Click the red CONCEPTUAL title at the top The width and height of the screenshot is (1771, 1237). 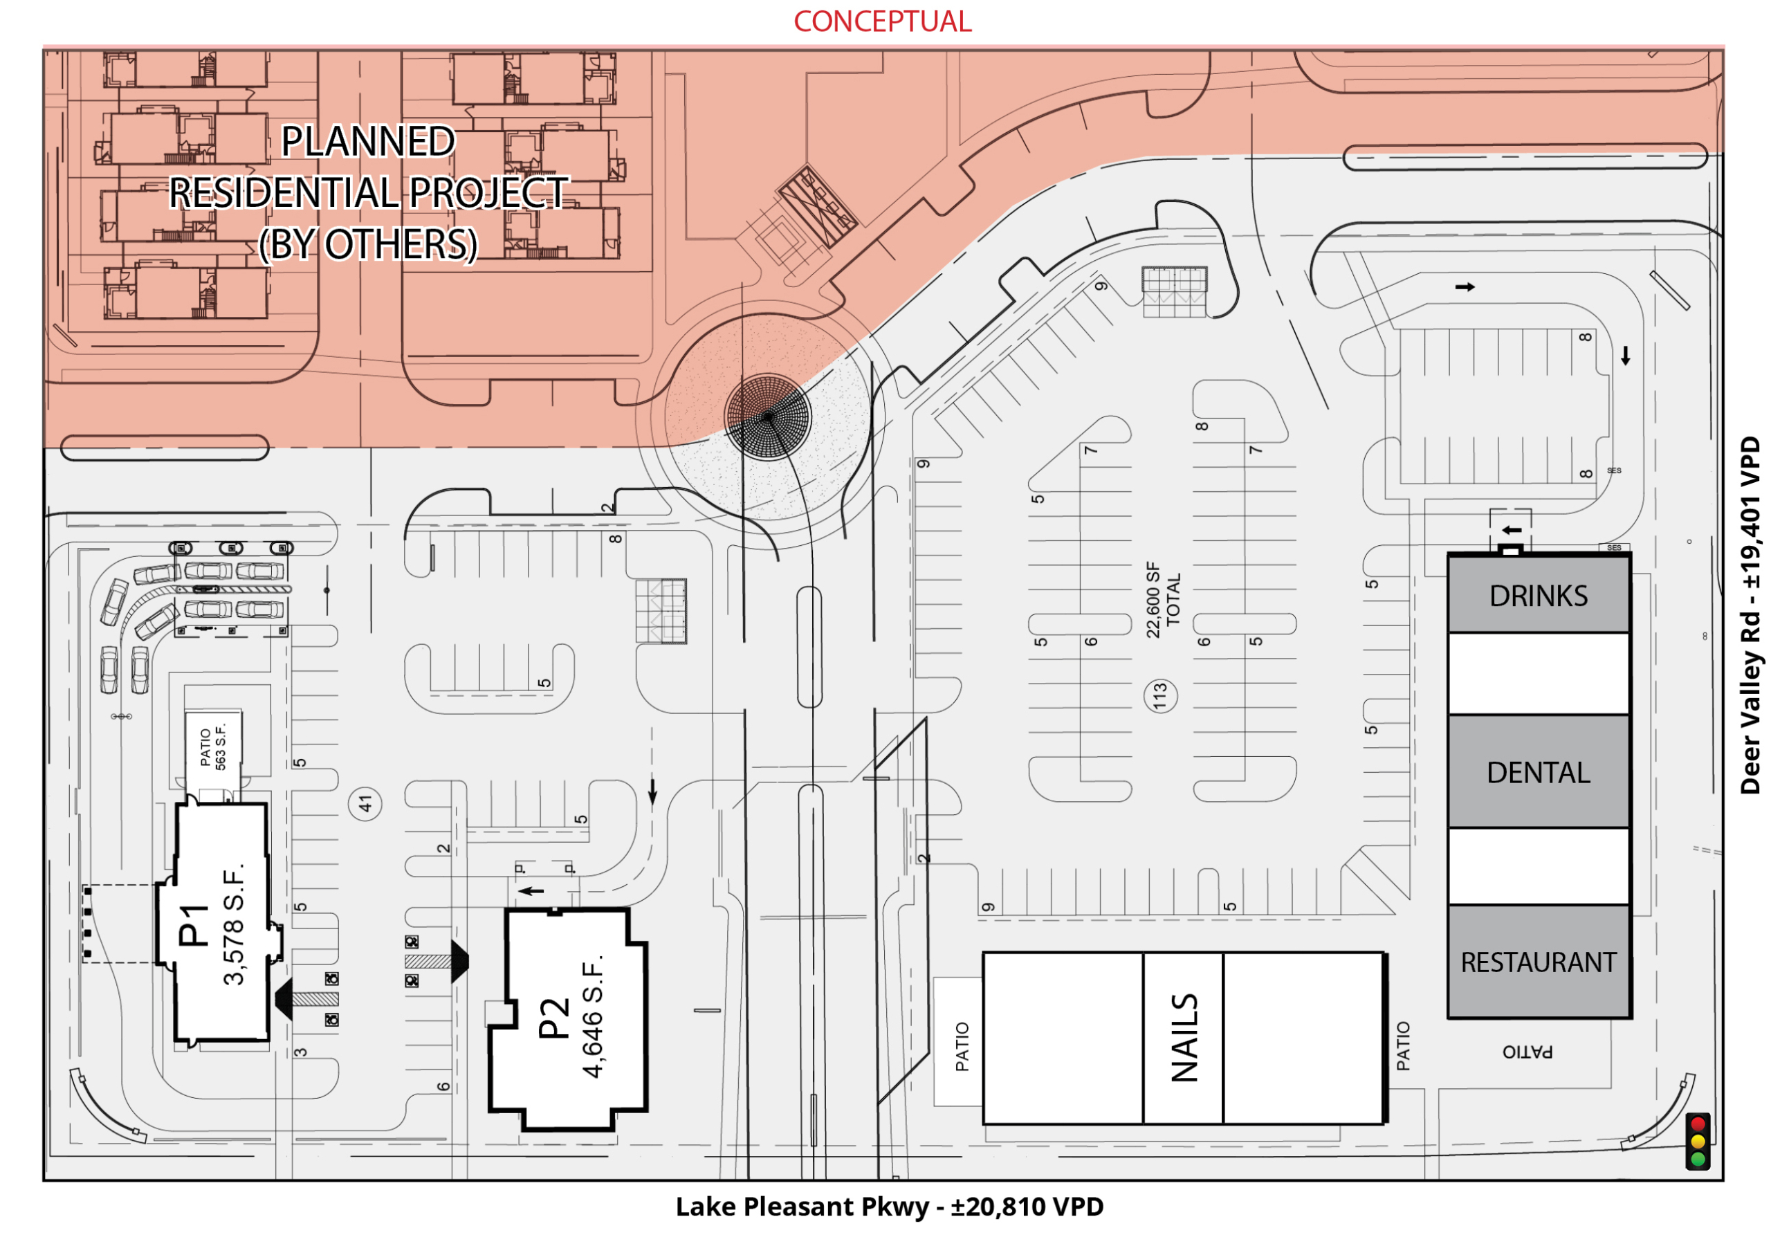pyautogui.click(x=883, y=21)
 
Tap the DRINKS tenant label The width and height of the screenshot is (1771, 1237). pyautogui.click(x=1538, y=596)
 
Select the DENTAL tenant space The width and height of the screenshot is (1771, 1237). pyautogui.click(x=1539, y=771)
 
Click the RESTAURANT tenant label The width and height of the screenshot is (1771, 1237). pyautogui.click(x=1539, y=962)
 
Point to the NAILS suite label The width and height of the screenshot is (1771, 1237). pyautogui.click(x=1184, y=1037)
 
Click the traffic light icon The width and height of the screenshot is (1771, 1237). pyautogui.click(x=1698, y=1142)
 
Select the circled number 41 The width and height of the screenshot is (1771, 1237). pyautogui.click(x=366, y=805)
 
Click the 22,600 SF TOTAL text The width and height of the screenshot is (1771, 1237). pyautogui.click(x=1162, y=600)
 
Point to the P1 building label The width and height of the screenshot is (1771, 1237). pyautogui.click(x=194, y=926)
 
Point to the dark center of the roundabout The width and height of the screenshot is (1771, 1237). pyautogui.click(x=767, y=416)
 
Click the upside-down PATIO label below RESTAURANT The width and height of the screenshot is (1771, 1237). pyautogui.click(x=1527, y=1051)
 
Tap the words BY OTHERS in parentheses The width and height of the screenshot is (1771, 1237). pyautogui.click(x=368, y=244)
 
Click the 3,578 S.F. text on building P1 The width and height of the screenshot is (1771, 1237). pyautogui.click(x=233, y=924)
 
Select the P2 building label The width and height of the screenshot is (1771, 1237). pyautogui.click(x=554, y=1018)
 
